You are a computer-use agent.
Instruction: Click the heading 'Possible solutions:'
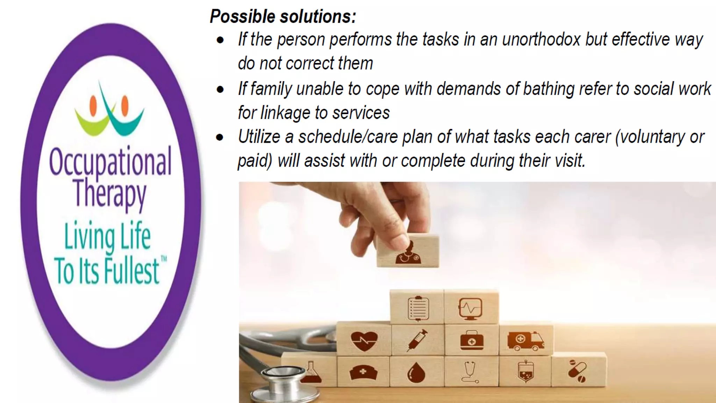click(282, 16)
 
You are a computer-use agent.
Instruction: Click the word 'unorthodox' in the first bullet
click(541, 39)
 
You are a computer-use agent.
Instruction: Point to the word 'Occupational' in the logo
click(110, 162)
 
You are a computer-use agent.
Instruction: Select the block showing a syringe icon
click(417, 340)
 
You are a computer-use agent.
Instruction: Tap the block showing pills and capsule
click(578, 371)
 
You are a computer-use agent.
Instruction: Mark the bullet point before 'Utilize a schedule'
click(220, 137)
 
